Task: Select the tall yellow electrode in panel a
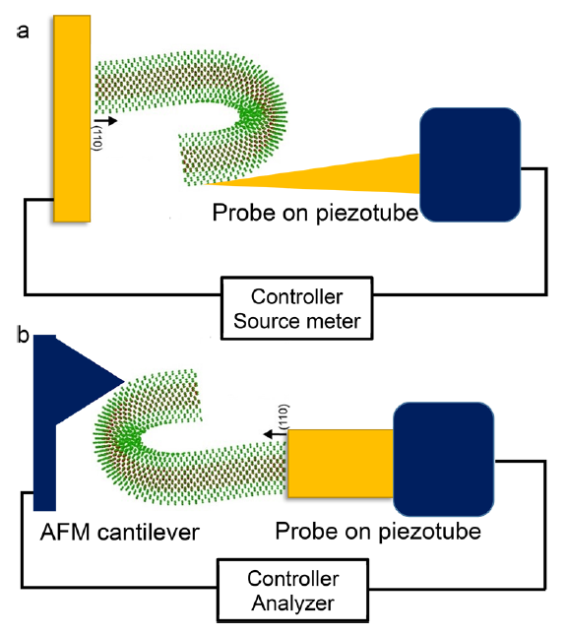click(x=73, y=118)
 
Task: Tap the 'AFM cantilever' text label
click(x=121, y=533)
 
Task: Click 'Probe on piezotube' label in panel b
click(x=378, y=532)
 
